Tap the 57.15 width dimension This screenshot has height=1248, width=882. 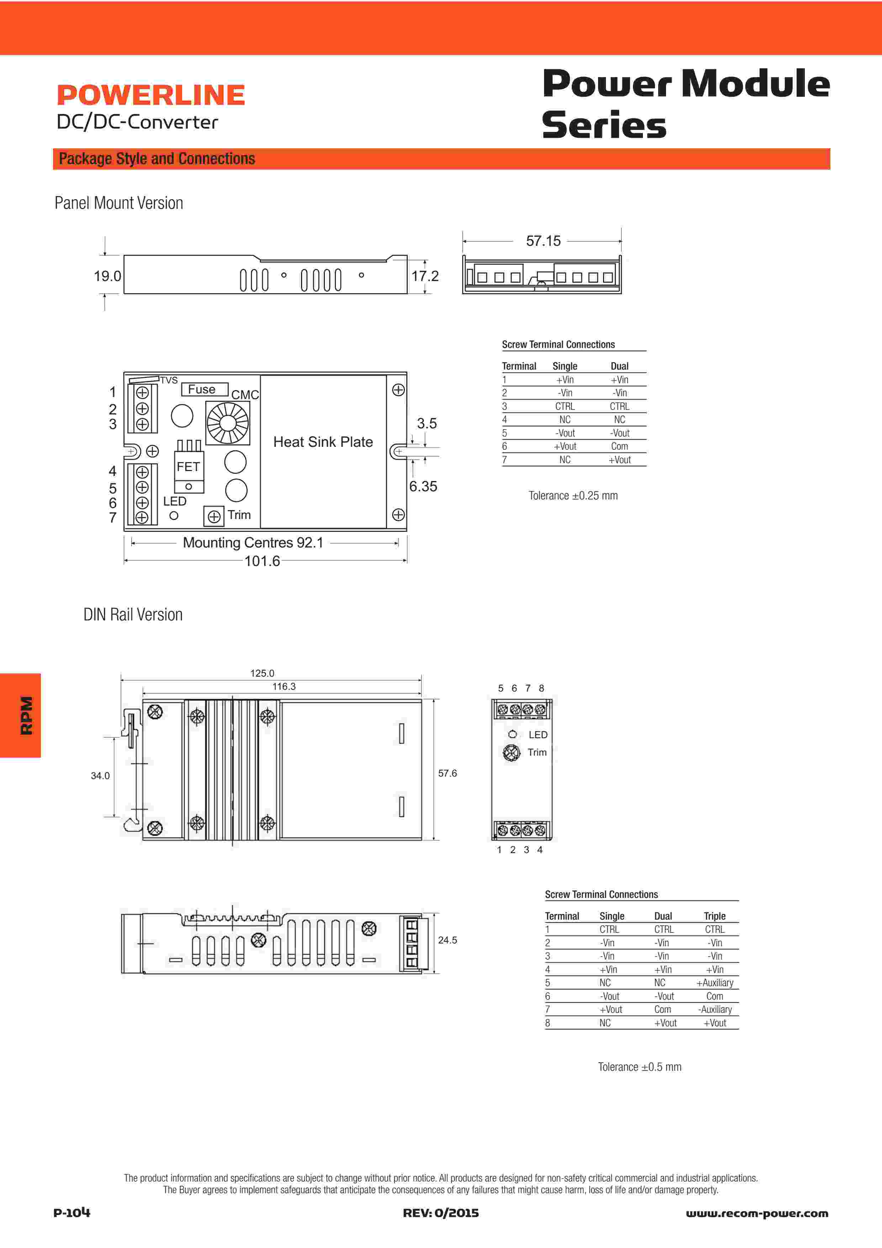pyautogui.click(x=543, y=241)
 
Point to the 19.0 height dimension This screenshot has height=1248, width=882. pyautogui.click(x=107, y=276)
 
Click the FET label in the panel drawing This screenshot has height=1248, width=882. pyautogui.click(x=188, y=466)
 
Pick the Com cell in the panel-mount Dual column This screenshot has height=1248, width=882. pyautogui.click(x=619, y=446)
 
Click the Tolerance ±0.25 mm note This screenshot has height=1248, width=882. pyautogui.click(x=573, y=496)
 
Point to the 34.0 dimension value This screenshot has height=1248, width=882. pyautogui.click(x=100, y=776)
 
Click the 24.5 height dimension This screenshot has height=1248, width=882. pyautogui.click(x=447, y=940)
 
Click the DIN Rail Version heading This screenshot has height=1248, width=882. pyautogui.click(x=133, y=615)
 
